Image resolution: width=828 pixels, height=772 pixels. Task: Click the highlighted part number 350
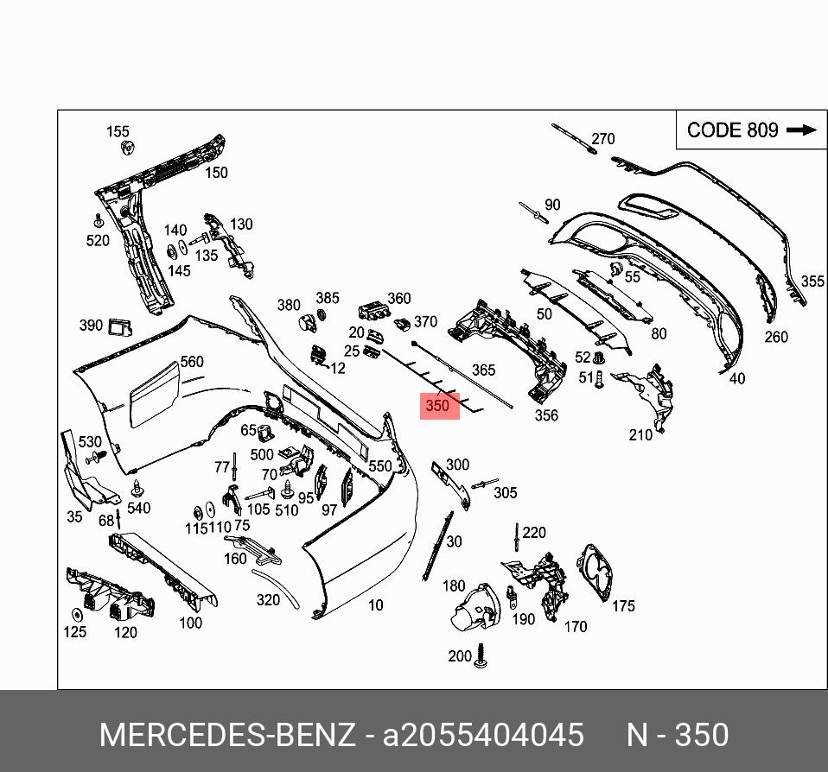point(438,405)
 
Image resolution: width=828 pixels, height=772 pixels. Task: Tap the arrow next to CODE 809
point(802,130)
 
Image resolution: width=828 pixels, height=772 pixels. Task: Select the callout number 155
point(118,131)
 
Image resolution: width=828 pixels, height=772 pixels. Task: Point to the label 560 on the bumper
point(191,362)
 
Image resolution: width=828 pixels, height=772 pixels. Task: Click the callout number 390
point(91,326)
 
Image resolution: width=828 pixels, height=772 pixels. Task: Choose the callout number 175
point(623,606)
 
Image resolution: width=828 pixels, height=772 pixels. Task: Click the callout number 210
point(640,435)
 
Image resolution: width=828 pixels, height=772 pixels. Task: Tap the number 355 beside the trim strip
point(812,282)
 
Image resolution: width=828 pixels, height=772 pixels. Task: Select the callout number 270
point(602,138)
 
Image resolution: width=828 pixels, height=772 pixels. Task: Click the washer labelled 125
point(76,615)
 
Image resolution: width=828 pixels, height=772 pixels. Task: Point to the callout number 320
point(268,600)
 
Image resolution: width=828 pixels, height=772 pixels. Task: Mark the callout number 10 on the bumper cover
point(375,605)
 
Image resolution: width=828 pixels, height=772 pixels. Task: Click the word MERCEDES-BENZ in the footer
point(227,735)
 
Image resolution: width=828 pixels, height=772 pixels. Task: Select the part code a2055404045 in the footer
point(483,735)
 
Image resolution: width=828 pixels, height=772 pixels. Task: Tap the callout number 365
point(483,370)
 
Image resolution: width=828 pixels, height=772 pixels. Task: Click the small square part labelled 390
point(119,326)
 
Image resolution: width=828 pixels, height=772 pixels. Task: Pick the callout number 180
point(454,586)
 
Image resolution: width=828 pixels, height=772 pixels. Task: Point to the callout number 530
point(90,442)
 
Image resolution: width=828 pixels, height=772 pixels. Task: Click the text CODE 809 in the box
point(732,130)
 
